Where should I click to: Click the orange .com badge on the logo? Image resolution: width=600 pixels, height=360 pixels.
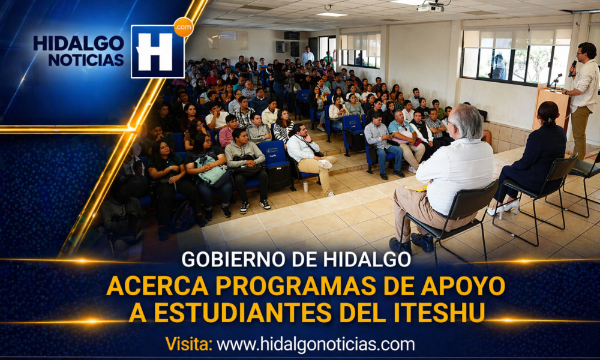tap(184, 27)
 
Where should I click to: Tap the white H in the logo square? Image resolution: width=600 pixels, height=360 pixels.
tap(155, 52)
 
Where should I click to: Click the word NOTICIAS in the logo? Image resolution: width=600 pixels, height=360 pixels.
tap(86, 59)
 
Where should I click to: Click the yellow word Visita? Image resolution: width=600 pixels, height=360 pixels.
tap(188, 344)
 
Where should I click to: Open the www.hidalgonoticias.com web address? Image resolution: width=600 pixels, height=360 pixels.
tap(316, 344)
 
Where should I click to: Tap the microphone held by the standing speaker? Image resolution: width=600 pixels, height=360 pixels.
tap(573, 68)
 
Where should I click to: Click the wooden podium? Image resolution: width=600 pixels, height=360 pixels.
tap(551, 108)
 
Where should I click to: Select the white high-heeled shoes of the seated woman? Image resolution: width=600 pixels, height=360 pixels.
tap(504, 208)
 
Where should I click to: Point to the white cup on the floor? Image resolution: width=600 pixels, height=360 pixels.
tap(305, 187)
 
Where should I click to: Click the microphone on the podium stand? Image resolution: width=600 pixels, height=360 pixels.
tap(555, 80)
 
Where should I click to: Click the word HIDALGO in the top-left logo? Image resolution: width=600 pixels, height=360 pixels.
tap(79, 43)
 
